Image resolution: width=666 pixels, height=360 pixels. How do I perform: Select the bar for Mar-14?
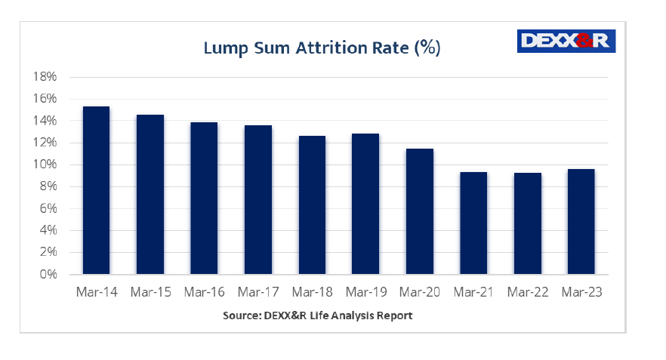click(x=96, y=189)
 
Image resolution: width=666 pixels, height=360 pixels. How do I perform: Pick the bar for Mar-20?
click(x=419, y=211)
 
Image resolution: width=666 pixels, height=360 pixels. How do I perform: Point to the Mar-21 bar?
click(x=473, y=223)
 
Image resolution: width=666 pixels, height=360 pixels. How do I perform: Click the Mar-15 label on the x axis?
click(x=150, y=292)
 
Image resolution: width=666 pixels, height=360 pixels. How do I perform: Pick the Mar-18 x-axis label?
click(x=312, y=292)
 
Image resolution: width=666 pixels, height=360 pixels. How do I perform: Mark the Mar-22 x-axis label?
click(x=527, y=292)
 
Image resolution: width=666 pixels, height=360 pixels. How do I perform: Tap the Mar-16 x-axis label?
click(x=204, y=292)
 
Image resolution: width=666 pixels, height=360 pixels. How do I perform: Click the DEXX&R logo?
click(x=566, y=41)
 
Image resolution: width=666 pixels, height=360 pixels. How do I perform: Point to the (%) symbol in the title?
click(x=426, y=48)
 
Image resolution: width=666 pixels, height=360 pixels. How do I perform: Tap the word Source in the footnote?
click(x=242, y=315)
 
